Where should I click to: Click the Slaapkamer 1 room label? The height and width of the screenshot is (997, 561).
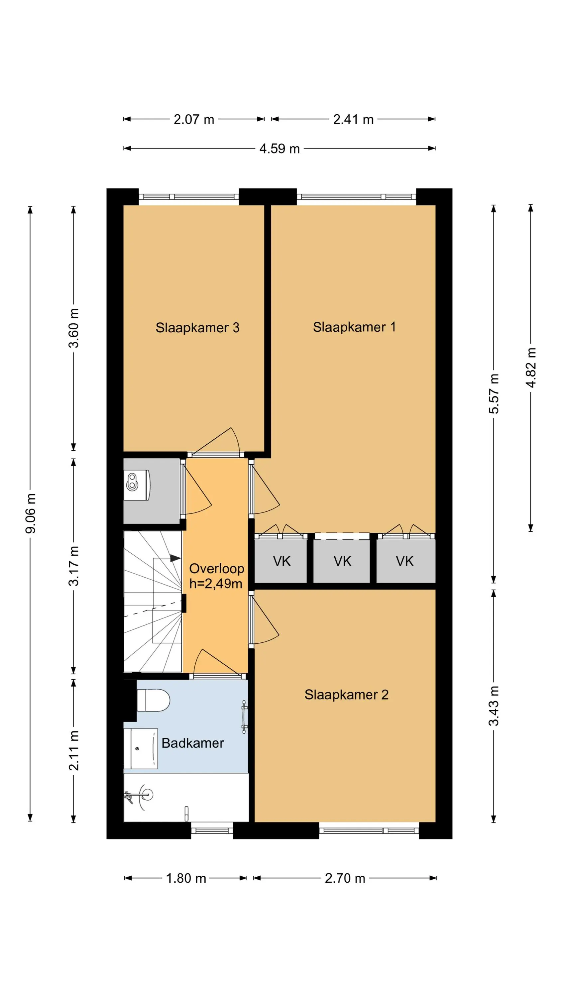pos(354,327)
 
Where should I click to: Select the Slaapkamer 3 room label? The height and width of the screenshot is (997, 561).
pos(197,328)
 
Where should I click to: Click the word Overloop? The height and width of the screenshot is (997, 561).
pos(216,569)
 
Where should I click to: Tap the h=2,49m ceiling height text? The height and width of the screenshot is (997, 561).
pos(216,583)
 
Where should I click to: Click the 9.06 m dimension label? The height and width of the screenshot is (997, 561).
pos(31,513)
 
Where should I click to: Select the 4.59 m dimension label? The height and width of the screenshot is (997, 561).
pos(280,149)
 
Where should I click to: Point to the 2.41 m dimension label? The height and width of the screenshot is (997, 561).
pos(354,119)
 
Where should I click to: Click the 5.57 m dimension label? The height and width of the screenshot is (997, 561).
pos(494,393)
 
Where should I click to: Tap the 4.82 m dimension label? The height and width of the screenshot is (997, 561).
pos(531,367)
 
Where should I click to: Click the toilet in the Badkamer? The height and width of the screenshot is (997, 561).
pos(153,700)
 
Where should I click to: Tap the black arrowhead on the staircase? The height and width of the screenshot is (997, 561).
pos(175,558)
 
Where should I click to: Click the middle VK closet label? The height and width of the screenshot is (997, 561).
pos(342,561)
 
